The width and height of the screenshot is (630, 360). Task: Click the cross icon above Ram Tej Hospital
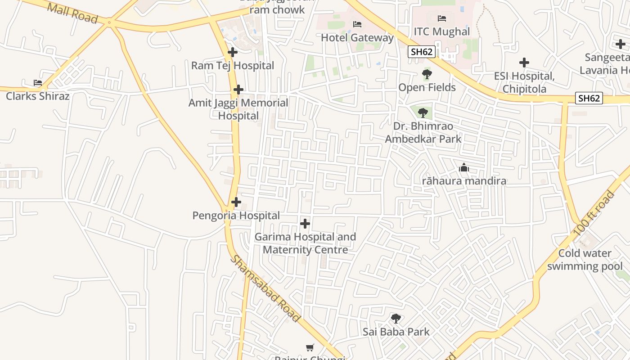(x=232, y=52)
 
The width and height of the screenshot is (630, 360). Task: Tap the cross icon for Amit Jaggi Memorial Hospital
(x=238, y=90)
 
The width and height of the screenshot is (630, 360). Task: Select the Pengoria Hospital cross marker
(x=236, y=202)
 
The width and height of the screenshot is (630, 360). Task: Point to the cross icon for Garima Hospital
(x=305, y=223)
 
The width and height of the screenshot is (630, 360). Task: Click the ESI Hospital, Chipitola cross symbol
(x=524, y=63)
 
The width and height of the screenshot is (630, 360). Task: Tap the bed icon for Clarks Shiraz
(x=38, y=83)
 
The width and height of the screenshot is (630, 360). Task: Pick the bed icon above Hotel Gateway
(x=357, y=24)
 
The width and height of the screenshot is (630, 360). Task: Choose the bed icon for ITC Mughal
(x=442, y=18)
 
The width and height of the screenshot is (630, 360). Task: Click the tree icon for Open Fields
(x=427, y=74)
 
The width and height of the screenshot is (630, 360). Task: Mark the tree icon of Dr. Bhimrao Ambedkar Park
(x=422, y=112)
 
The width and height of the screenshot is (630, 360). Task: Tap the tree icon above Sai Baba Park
(x=396, y=319)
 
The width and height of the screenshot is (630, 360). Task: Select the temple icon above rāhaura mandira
(x=463, y=168)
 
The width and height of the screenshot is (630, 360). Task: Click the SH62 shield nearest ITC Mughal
(x=422, y=52)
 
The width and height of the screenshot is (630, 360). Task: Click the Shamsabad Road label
(x=265, y=288)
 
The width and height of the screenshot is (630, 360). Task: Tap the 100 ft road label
(x=594, y=213)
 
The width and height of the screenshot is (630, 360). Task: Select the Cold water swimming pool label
(x=585, y=260)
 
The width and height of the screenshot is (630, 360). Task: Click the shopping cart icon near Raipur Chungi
(x=310, y=347)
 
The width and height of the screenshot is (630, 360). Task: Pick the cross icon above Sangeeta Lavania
(x=620, y=44)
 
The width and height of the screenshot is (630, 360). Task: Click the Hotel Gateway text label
(x=357, y=38)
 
